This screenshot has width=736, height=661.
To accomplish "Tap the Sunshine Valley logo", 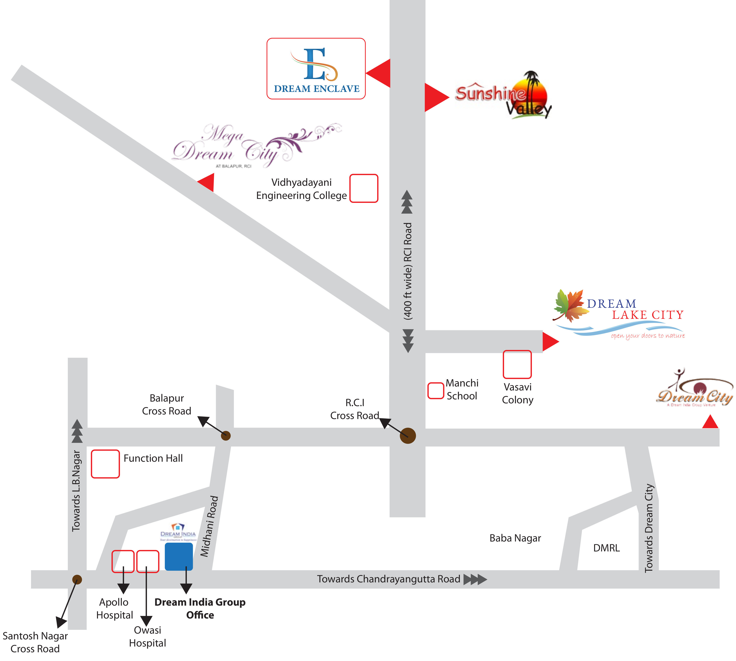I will click(504, 95).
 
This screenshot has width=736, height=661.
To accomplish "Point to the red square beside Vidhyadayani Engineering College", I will click(364, 188).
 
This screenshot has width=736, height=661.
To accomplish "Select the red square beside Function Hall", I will click(105, 464).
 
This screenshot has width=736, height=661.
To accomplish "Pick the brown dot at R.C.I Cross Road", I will click(408, 436).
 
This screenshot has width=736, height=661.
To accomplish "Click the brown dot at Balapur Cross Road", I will click(226, 436).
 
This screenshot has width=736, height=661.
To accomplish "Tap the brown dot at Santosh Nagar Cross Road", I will click(77, 579).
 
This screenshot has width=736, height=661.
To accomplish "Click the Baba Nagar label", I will click(515, 538).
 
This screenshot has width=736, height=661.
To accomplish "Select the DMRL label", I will click(606, 548).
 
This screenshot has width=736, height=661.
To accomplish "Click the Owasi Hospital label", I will click(147, 636).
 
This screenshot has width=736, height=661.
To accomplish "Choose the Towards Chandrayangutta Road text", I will click(388, 579).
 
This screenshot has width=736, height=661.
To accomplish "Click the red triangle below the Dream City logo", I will click(710, 422).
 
